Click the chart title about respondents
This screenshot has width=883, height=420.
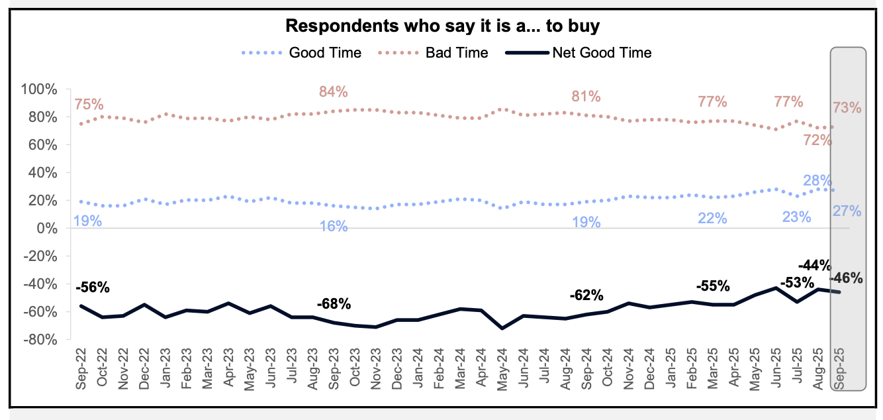click(x=441, y=26)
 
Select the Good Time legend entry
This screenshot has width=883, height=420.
click(x=325, y=53)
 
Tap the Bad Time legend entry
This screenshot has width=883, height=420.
click(x=457, y=53)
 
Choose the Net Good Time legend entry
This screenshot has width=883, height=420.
click(x=602, y=53)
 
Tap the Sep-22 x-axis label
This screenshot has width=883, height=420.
click(x=82, y=367)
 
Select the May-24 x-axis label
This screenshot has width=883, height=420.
click(x=502, y=367)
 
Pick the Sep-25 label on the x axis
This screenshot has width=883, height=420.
click(x=838, y=367)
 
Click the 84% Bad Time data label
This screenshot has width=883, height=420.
click(x=333, y=92)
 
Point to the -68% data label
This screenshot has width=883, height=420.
click(x=334, y=305)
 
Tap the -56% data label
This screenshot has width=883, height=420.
click(x=93, y=288)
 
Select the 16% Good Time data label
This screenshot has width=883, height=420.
click(x=333, y=226)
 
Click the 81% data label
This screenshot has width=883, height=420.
click(x=586, y=97)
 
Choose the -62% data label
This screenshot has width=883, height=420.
click(x=586, y=295)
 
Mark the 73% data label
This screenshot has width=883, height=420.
click(x=847, y=107)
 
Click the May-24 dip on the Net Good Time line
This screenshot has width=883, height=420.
click(x=502, y=328)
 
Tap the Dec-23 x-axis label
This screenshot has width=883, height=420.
click(x=397, y=367)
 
